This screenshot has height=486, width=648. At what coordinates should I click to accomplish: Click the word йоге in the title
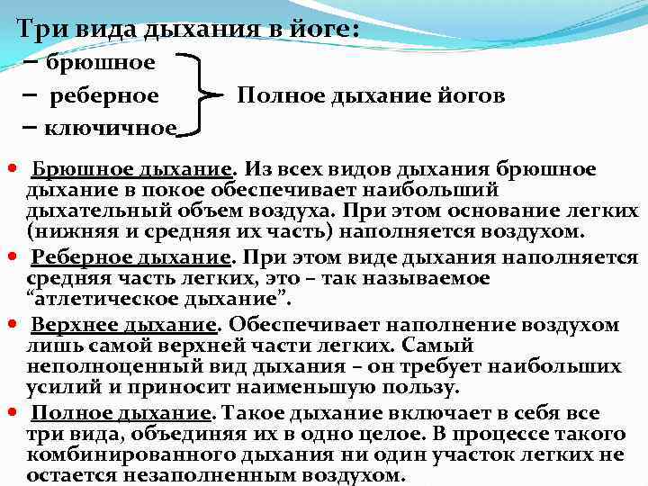click(x=319, y=30)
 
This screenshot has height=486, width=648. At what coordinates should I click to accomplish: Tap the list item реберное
click(x=104, y=95)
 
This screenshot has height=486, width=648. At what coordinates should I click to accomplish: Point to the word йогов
click(x=469, y=95)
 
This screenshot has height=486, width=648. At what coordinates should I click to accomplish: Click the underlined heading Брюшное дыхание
click(x=132, y=169)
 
